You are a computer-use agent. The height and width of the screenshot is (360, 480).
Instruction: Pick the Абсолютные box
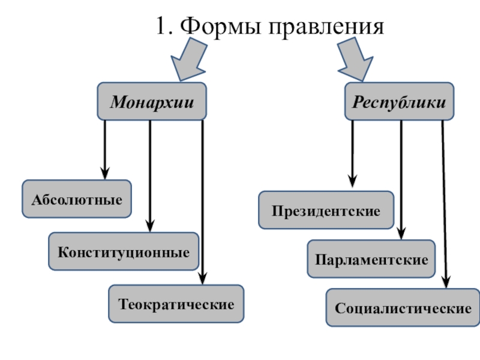point(76,199)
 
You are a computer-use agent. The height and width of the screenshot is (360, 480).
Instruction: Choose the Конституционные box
point(124,251)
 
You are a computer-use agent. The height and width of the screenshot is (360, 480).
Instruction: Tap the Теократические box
point(176,304)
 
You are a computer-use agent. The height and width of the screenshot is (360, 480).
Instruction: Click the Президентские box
point(326,211)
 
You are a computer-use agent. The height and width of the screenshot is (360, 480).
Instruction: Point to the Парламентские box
point(371,259)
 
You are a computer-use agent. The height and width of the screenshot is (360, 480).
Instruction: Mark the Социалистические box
point(403,308)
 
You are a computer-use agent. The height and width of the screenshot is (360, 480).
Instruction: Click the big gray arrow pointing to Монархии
point(187,59)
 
